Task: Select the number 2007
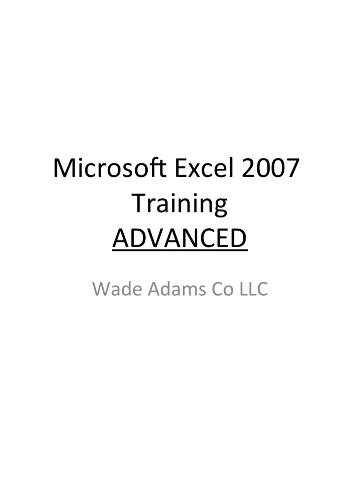(x=271, y=169)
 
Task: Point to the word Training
(x=180, y=205)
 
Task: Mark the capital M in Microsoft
(x=64, y=169)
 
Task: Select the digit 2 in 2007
(x=251, y=169)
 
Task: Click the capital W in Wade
(x=101, y=289)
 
